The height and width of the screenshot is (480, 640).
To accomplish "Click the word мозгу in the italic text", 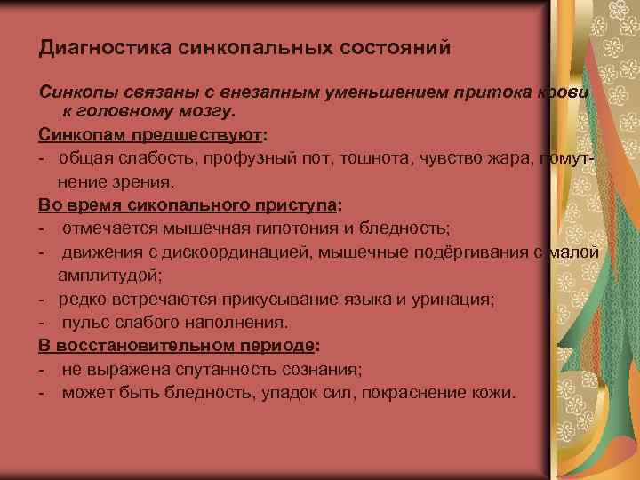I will [206, 113].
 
